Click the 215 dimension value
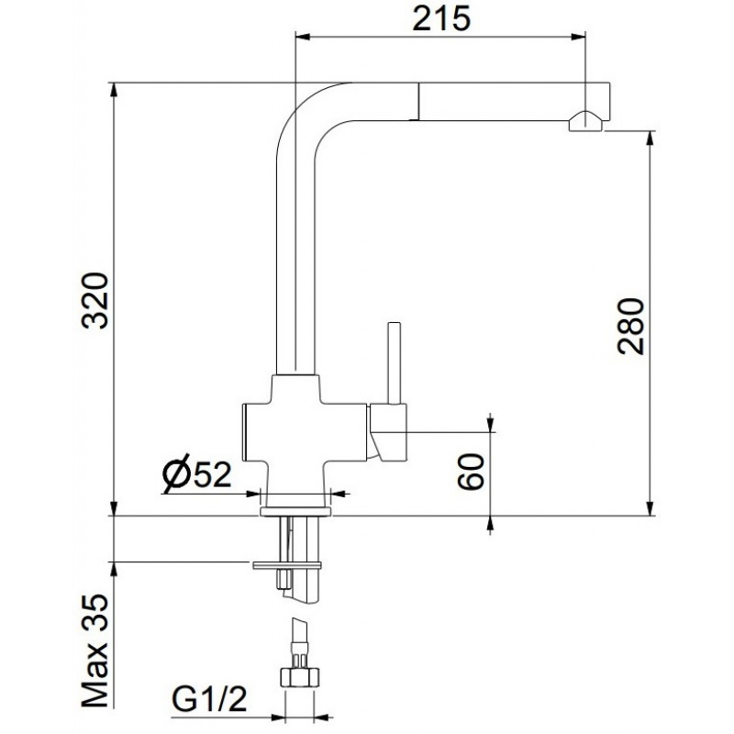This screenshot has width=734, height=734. (x=441, y=18)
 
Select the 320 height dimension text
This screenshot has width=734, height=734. (x=95, y=301)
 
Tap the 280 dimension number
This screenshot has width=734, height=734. (x=630, y=326)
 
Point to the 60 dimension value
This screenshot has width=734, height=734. (x=471, y=472)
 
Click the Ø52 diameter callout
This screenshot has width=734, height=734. (x=196, y=473)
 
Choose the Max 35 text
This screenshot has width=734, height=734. (x=95, y=651)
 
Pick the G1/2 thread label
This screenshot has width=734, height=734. (x=209, y=699)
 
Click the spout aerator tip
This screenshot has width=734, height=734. (x=585, y=121)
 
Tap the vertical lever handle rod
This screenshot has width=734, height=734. (x=395, y=362)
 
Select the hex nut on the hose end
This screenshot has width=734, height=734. (x=300, y=676)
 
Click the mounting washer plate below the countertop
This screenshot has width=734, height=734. (x=287, y=565)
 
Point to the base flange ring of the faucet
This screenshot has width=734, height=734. (x=295, y=511)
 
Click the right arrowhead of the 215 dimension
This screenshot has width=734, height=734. (x=578, y=37)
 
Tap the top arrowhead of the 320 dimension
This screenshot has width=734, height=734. (x=113, y=91)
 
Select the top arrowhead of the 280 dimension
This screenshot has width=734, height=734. (x=651, y=139)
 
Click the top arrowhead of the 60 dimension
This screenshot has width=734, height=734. (x=490, y=424)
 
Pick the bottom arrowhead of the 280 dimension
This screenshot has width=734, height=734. (x=651, y=508)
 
